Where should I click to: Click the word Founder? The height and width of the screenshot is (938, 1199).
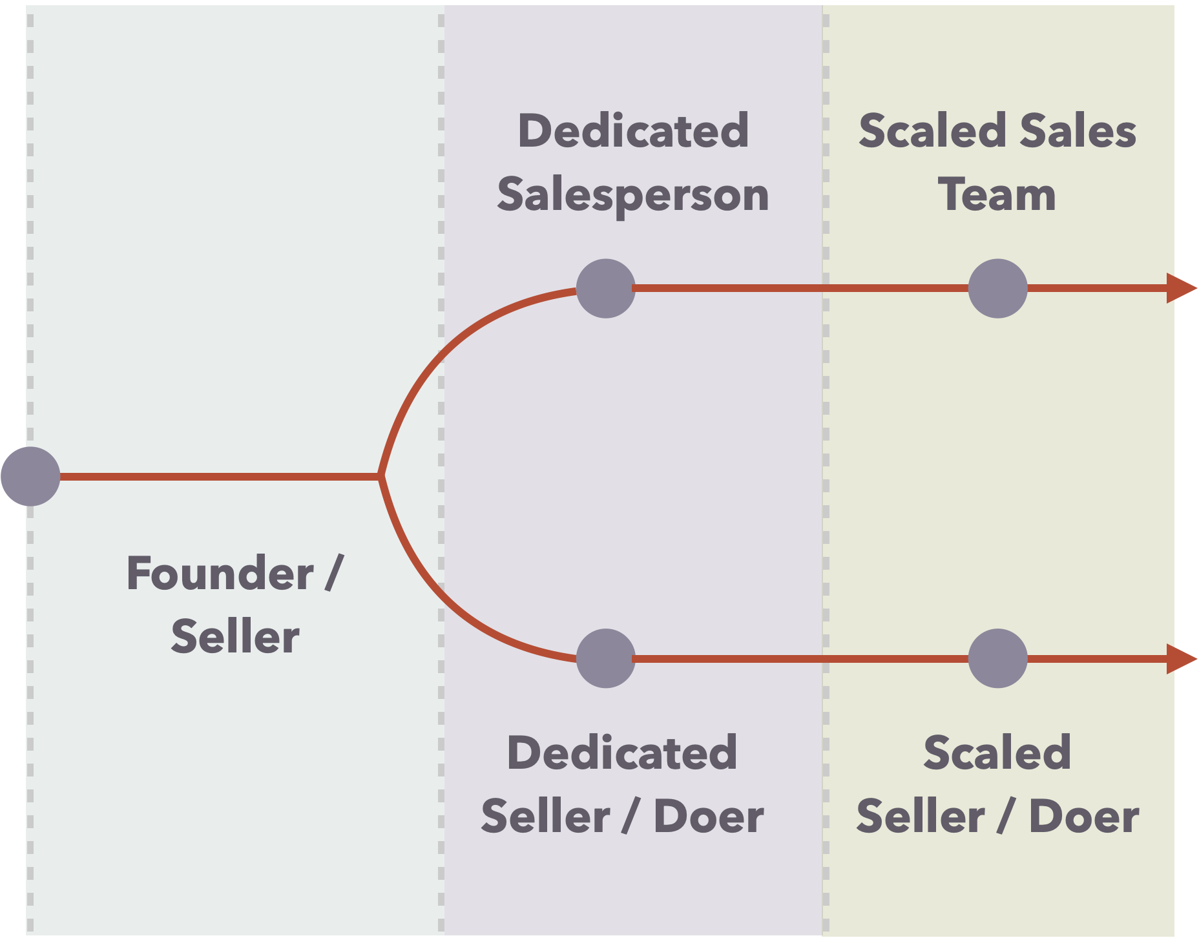pyautogui.click(x=220, y=573)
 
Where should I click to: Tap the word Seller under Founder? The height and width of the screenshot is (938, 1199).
pyautogui.click(x=235, y=636)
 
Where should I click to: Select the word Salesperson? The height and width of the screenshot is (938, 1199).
pyautogui.click(x=633, y=195)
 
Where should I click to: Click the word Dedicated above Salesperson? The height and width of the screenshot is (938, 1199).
pyautogui.click(x=633, y=130)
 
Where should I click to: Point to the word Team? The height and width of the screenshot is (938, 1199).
pyautogui.click(x=997, y=195)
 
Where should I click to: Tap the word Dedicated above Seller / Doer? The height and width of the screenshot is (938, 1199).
pyautogui.click(x=622, y=753)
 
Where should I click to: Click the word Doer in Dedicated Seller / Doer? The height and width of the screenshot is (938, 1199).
pyautogui.click(x=709, y=817)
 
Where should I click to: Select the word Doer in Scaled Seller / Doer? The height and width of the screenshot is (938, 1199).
pyautogui.click(x=1083, y=817)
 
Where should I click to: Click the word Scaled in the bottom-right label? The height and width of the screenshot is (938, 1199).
pyautogui.click(x=997, y=753)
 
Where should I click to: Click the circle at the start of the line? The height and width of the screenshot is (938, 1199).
pyautogui.click(x=30, y=476)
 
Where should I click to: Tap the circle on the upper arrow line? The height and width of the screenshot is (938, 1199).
pyautogui.click(x=997, y=288)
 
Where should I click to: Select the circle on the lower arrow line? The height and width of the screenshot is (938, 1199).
pyautogui.click(x=997, y=658)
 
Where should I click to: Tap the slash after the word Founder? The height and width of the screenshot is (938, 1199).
pyautogui.click(x=334, y=573)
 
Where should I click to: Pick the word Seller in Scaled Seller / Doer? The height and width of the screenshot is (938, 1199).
pyautogui.click(x=921, y=817)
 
